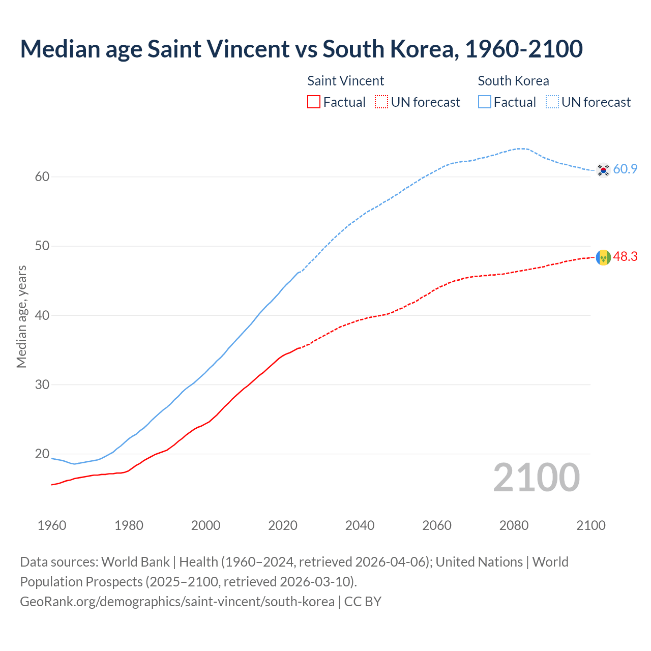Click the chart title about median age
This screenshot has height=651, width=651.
tap(301, 49)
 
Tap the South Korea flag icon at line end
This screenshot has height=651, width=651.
tap(603, 170)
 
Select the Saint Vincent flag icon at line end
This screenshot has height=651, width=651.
tap(603, 257)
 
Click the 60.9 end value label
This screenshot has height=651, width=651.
tap(625, 169)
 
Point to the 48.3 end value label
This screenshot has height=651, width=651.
tap(625, 257)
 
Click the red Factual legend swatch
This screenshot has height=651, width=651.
tap(314, 102)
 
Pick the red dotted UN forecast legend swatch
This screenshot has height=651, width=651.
tap(381, 102)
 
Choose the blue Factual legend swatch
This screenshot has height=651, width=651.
tap(485, 102)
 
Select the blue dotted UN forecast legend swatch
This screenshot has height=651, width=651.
tap(552, 102)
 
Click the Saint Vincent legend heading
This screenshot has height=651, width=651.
tap(345, 81)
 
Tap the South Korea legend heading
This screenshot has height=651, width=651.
tap(513, 81)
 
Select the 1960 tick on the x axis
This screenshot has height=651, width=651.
tap(52, 525)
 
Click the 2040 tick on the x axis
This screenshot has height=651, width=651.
tap(360, 525)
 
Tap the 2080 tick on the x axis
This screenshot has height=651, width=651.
tap(514, 525)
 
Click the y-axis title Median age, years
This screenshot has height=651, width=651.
tap(21, 316)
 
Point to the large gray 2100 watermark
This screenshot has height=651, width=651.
tap(536, 477)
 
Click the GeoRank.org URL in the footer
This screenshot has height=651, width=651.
tap(177, 602)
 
